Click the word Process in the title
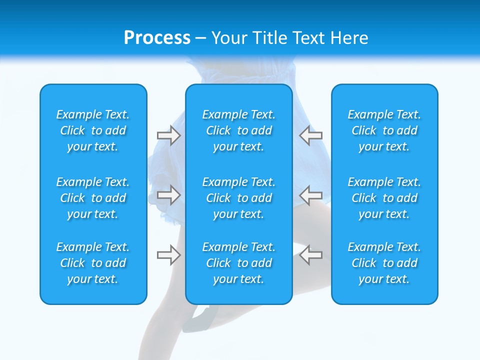[157, 38]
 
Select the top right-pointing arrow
[168, 135]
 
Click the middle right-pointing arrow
[168, 195]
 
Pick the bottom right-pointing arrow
[168, 255]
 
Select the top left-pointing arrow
[311, 135]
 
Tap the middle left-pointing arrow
[311, 195]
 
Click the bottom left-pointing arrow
[311, 255]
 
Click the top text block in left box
[93, 130]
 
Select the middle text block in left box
[93, 198]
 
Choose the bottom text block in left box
[93, 263]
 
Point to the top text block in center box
[238, 130]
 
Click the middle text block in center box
[238, 198]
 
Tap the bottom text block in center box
[238, 263]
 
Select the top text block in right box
[384, 130]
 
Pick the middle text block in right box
[384, 198]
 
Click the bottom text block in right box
[384, 263]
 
